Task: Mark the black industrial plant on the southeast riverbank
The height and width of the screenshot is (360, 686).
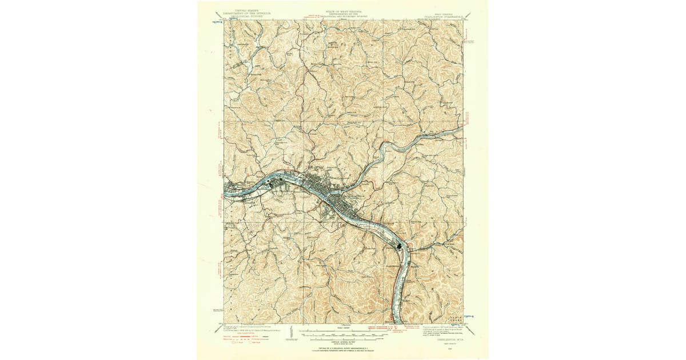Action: tap(400, 246)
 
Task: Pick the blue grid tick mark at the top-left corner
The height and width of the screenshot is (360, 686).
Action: tap(217, 22)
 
